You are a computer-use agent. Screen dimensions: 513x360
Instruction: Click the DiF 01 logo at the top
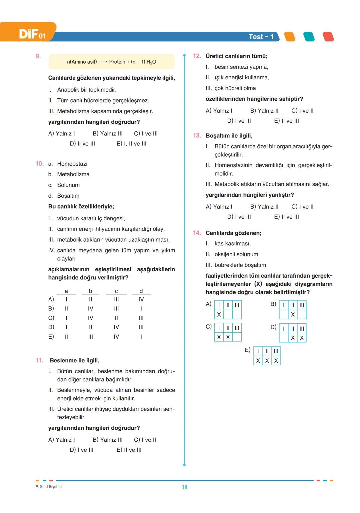[32, 34]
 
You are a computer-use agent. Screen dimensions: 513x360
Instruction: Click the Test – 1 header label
[261, 37]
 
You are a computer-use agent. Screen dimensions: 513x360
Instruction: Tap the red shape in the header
[328, 37]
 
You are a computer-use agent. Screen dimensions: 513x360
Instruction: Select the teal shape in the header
[309, 37]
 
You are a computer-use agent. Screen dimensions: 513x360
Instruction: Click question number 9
[38, 56]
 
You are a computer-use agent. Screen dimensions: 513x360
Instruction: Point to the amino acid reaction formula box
[111, 62]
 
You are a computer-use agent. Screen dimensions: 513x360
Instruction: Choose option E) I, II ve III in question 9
[131, 144]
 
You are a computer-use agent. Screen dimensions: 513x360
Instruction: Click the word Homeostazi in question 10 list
[72, 164]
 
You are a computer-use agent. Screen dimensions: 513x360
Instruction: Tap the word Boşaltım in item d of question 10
[68, 196]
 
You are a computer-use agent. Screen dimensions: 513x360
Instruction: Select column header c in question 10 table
[116, 291]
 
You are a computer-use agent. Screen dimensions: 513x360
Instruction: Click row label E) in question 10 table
[51, 337]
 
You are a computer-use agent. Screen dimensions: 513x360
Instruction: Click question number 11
[39, 360]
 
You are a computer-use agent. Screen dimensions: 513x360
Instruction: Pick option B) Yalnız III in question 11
[107, 440]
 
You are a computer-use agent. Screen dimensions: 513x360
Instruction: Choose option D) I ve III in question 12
[239, 121]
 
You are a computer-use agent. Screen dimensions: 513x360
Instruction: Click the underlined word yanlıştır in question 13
[281, 195]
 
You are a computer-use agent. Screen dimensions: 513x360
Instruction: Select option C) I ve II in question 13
[302, 207]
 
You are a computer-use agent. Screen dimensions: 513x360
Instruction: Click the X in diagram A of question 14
[219, 314]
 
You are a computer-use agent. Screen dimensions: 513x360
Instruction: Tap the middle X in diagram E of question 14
[267, 361]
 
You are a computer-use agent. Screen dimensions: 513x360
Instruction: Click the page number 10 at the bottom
[184, 487]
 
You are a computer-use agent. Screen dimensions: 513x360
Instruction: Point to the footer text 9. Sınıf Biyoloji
[49, 487]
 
